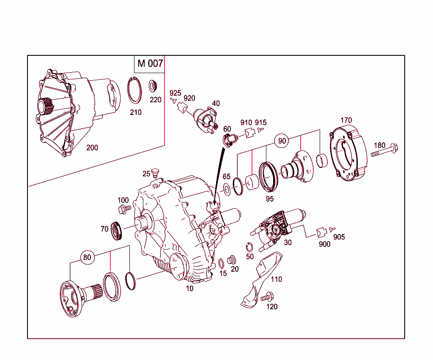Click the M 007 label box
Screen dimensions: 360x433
(x=150, y=63)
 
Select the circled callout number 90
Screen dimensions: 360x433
(x=282, y=141)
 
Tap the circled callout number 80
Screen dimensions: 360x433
(x=87, y=257)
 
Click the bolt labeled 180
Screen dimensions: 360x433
(x=385, y=151)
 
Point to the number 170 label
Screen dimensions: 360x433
(x=345, y=120)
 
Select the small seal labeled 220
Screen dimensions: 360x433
(x=153, y=86)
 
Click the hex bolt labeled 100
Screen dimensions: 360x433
(x=124, y=208)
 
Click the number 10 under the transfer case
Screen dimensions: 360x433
(x=189, y=289)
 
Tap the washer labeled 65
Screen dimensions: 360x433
(x=227, y=188)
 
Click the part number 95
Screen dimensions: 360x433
(x=269, y=199)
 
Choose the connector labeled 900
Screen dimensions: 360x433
(x=321, y=232)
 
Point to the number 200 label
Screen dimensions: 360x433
(x=92, y=147)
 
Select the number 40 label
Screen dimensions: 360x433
(x=216, y=104)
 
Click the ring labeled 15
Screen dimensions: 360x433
(x=221, y=264)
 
